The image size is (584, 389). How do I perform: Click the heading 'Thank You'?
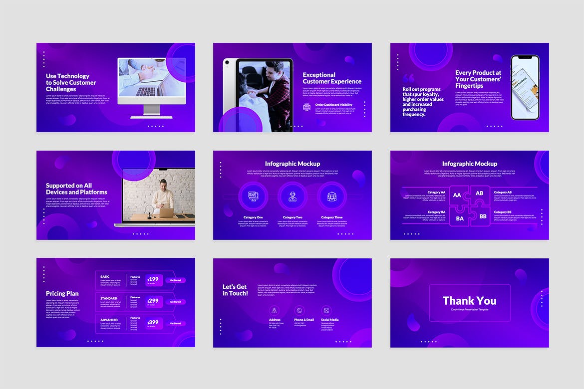tap(469, 301)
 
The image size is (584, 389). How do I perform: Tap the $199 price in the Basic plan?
tap(153, 279)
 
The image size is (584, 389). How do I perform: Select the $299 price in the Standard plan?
tap(153, 301)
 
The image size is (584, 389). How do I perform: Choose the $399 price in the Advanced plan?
tap(153, 322)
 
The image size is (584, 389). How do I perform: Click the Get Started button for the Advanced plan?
tap(175, 323)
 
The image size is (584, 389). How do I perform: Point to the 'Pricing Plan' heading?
tap(62, 293)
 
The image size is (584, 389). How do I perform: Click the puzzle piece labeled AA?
tap(457, 195)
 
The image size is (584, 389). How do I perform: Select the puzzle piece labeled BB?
tap(483, 216)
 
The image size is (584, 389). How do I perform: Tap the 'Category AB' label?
tap(503, 192)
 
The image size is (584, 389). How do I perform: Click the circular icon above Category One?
tap(253, 196)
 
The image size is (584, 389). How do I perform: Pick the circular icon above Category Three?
tap(332, 196)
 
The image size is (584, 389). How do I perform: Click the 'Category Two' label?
tap(292, 217)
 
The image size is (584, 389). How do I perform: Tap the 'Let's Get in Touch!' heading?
tap(235, 290)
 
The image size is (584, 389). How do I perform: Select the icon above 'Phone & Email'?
tap(298, 310)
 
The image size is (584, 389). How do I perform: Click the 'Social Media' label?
tap(330, 320)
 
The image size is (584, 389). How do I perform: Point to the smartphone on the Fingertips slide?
tap(525, 87)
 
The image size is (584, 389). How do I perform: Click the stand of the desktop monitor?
tap(151, 110)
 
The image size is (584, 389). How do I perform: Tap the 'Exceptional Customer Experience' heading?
tap(332, 78)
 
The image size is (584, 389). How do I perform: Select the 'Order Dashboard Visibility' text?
tap(334, 105)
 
